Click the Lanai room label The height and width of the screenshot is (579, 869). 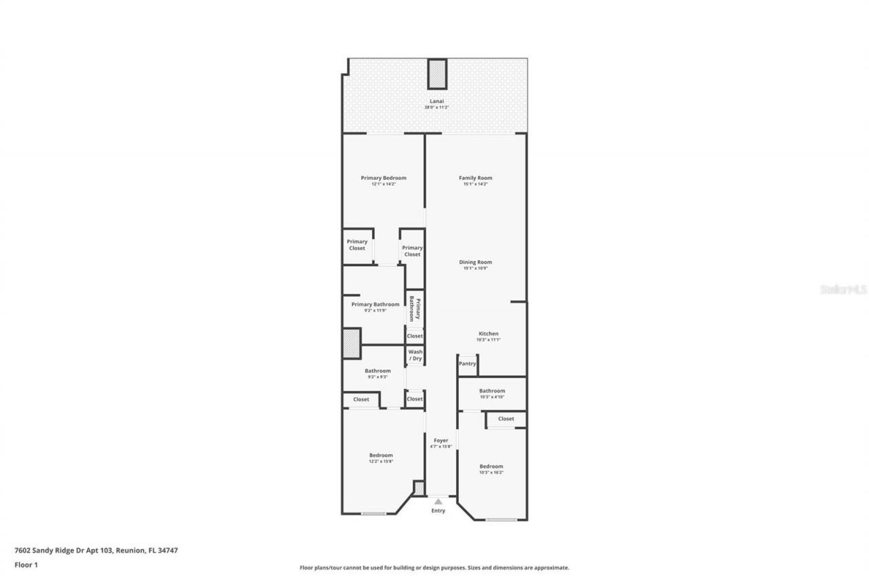437,101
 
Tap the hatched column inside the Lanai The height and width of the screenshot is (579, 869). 437,73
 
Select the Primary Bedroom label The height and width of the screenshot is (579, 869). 384,178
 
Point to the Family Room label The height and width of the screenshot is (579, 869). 475,178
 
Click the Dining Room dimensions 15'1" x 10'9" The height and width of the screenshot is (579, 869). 475,268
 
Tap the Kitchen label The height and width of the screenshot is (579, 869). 489,333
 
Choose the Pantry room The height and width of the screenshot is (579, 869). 467,364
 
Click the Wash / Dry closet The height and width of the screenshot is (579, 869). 415,355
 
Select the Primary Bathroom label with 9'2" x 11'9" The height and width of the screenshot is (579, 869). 375,305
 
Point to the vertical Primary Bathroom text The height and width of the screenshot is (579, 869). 415,310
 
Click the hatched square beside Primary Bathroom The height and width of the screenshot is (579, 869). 351,343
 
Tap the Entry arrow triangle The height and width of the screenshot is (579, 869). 438,502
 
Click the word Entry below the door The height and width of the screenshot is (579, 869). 439,510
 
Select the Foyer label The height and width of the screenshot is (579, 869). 441,441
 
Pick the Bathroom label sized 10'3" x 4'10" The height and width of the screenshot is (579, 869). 492,391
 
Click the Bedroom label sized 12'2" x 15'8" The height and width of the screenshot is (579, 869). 381,455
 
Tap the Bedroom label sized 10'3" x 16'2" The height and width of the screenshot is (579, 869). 492,466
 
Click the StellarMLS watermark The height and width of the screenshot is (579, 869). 843,289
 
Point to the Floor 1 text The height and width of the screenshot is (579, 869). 26,564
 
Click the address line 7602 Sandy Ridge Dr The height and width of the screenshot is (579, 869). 96,550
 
